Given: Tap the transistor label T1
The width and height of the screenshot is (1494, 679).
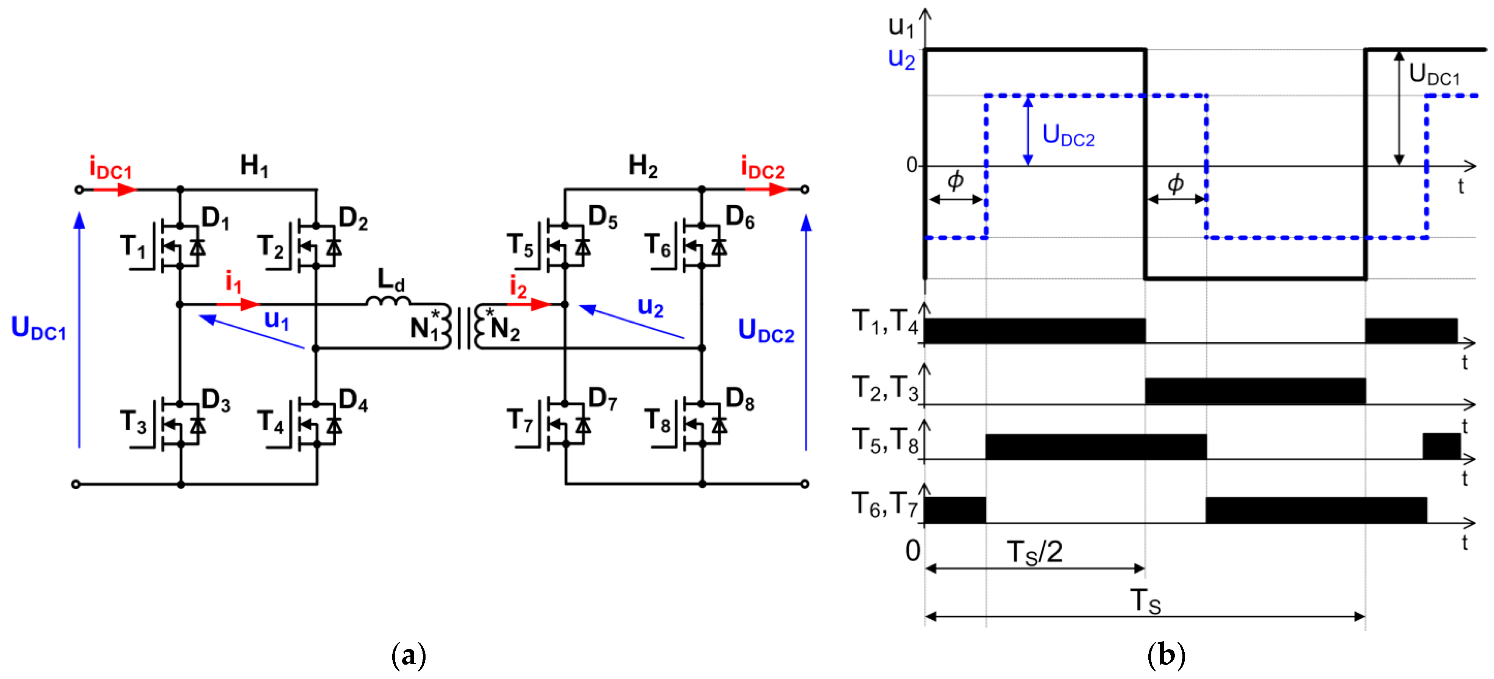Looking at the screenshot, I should tap(133, 247).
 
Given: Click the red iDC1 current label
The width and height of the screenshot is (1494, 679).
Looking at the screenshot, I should tap(110, 168).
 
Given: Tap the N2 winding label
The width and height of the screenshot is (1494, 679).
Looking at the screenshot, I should tap(505, 329).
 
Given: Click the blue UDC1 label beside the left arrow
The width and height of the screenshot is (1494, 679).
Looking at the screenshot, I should tap(38, 328).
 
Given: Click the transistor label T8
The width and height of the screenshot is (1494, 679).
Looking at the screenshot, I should tap(658, 421).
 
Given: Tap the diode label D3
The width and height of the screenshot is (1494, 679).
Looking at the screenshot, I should tap(216, 400).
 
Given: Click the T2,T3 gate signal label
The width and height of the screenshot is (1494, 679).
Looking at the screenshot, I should tap(885, 388).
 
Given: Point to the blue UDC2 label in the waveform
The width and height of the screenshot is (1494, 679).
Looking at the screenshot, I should tap(1068, 135).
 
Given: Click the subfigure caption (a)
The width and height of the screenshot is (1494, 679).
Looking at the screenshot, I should tap(409, 655).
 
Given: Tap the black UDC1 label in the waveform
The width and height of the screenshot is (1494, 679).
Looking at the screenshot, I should tap(1434, 75).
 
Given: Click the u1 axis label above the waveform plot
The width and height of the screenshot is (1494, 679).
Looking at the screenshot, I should tap(901, 27).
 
